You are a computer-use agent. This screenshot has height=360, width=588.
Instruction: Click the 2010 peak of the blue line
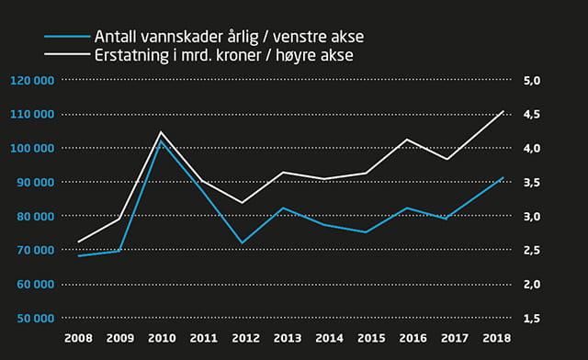coord(161,141)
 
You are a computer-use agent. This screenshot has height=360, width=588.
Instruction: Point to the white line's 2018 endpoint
coord(503,111)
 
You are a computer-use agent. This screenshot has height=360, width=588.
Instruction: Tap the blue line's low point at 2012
coord(243,242)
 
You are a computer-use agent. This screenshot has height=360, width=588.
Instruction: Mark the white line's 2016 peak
coord(406,140)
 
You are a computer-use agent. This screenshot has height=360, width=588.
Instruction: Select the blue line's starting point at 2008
coord(78,256)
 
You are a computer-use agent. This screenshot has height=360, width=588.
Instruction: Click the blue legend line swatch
coord(65,38)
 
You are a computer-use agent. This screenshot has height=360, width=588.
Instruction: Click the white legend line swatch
coord(65,56)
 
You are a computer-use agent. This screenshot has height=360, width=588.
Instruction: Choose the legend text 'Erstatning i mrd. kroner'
coord(175,56)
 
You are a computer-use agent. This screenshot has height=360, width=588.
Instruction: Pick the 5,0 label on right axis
coord(534,80)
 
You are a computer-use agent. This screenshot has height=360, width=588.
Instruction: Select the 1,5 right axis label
coord(534,318)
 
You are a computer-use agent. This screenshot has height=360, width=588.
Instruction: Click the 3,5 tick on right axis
coord(534,182)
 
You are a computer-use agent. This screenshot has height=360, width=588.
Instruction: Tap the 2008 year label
coord(78,339)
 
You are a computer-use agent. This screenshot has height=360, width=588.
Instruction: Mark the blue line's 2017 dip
coord(447,219)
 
